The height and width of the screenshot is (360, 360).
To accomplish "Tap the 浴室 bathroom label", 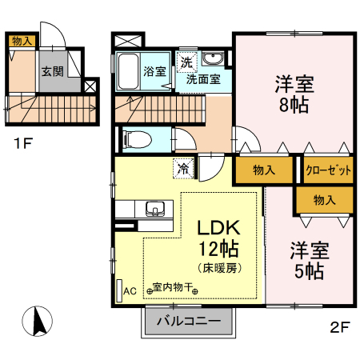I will click(154, 71).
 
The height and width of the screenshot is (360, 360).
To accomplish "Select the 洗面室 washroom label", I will click(203, 79).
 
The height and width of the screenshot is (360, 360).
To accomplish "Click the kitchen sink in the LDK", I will click(155, 210).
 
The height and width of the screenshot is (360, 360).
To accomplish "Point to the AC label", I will click(130, 292).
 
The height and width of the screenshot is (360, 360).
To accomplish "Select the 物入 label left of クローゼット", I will click(263, 170).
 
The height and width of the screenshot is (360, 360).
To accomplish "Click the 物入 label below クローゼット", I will click(324, 200).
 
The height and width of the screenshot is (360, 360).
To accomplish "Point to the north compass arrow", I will click(37, 322).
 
